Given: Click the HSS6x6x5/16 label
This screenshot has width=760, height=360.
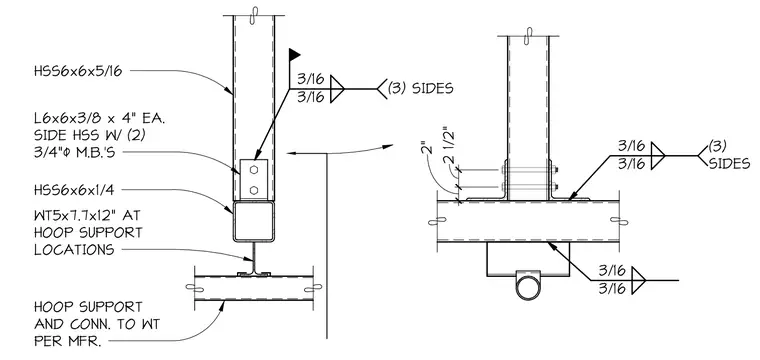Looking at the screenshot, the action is pyautogui.click(x=78, y=71).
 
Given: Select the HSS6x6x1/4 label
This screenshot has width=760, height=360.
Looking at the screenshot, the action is pyautogui.click(x=74, y=189).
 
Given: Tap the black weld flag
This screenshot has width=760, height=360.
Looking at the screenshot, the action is pyautogui.click(x=295, y=54).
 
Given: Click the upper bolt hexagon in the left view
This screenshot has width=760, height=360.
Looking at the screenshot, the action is pyautogui.click(x=253, y=170).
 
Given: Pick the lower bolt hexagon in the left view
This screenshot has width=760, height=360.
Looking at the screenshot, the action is pyautogui.click(x=253, y=189).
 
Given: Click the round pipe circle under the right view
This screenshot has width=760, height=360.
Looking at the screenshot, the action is pyautogui.click(x=528, y=288).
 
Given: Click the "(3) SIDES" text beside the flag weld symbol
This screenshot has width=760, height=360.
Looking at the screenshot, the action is pyautogui.click(x=420, y=88).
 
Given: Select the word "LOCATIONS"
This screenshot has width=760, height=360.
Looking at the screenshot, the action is pyautogui.click(x=74, y=250).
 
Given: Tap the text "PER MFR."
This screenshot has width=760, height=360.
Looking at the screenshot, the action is pyautogui.click(x=68, y=341).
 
